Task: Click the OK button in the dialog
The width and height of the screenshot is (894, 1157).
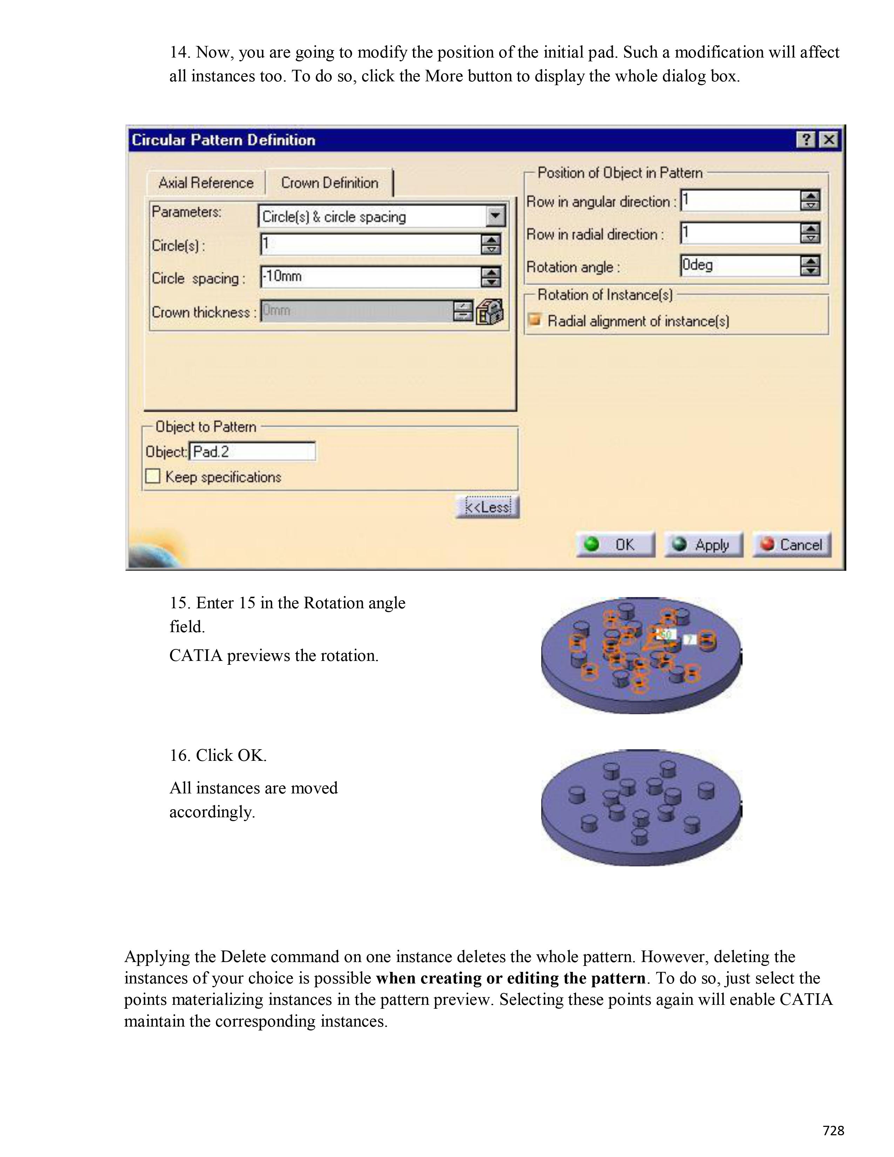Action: pyautogui.click(x=615, y=544)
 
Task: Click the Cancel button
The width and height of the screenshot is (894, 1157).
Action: pyautogui.click(x=792, y=544)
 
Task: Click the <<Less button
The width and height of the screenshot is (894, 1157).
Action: pyautogui.click(x=487, y=507)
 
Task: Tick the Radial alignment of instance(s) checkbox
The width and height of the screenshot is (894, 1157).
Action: pyautogui.click(x=535, y=320)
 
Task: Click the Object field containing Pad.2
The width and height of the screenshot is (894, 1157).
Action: pyautogui.click(x=252, y=451)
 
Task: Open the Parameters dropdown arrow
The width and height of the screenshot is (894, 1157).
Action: pyautogui.click(x=495, y=216)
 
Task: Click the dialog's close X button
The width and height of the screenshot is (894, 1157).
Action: pyautogui.click(x=829, y=140)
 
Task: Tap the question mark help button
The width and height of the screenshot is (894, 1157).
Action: pyautogui.click(x=806, y=140)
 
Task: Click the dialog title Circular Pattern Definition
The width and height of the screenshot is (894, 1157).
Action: pyautogui.click(x=224, y=140)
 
